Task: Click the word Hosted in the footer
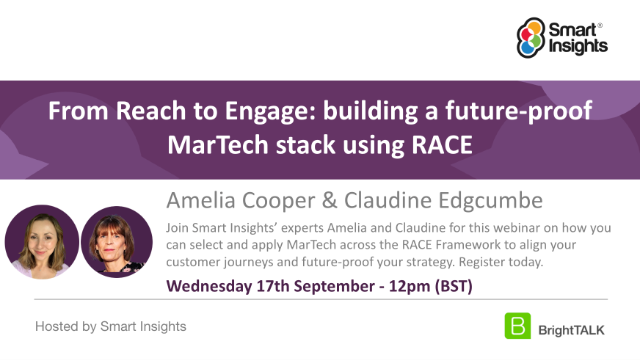(x=56, y=327)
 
